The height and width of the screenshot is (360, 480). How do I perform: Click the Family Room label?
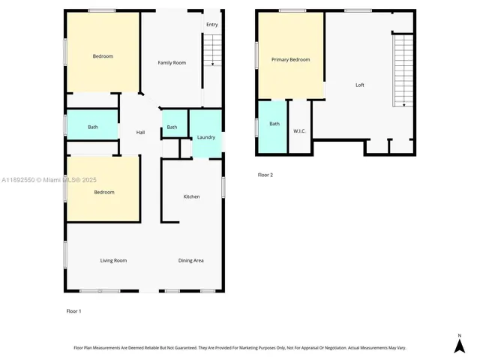tap(172, 62)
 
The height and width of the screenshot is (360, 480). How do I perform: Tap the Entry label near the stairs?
tap(212, 25)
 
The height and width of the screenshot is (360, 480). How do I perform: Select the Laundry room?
tap(206, 137)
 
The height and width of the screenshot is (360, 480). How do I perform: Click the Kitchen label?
tap(192, 196)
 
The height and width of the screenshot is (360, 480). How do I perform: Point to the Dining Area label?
tap(191, 260)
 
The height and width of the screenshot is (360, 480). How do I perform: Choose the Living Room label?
tap(113, 260)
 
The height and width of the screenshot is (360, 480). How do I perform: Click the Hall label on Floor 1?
tap(140, 133)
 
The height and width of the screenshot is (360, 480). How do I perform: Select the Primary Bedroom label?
tap(290, 59)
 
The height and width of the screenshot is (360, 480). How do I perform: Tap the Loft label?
tap(360, 85)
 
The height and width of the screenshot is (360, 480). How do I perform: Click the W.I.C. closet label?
tap(298, 131)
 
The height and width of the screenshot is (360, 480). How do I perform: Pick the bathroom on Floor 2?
tap(274, 124)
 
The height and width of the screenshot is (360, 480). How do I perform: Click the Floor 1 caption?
tap(74, 310)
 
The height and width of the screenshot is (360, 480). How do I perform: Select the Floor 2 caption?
tap(265, 175)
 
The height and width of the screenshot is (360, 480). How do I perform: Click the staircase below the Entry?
tap(213, 51)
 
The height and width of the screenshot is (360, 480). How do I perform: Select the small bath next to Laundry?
tap(172, 127)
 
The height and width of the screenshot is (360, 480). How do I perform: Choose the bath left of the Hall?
tap(92, 127)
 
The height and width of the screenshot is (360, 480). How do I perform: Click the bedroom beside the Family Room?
tap(103, 56)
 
